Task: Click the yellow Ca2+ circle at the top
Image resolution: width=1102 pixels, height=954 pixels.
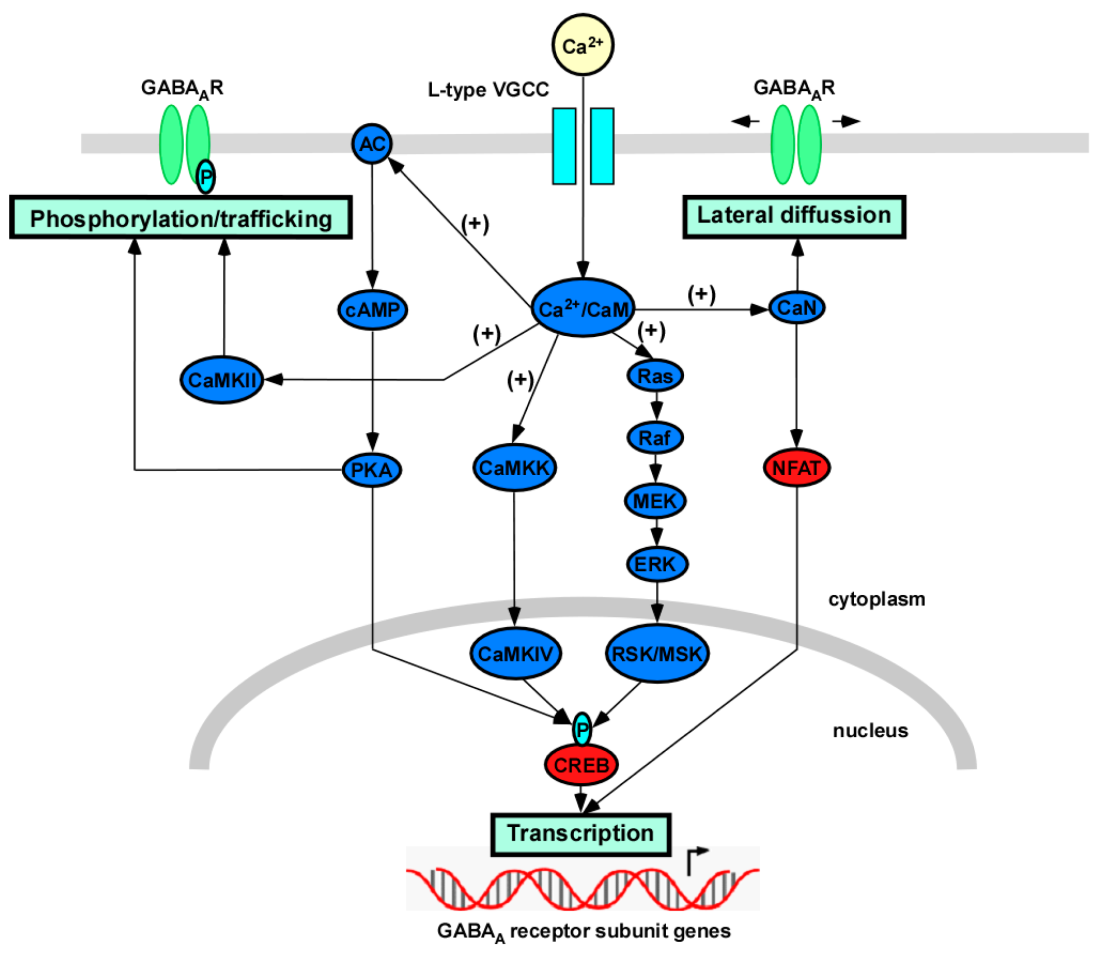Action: [582, 45]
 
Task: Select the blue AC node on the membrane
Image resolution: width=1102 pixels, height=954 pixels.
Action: [372, 144]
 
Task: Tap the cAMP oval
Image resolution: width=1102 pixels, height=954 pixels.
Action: [372, 310]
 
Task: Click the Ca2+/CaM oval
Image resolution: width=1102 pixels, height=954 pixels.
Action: [583, 308]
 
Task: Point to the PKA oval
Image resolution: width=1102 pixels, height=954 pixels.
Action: [371, 470]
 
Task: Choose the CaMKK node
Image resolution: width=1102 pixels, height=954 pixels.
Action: [514, 468]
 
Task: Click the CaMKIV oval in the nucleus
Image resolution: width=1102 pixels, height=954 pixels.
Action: [515, 654]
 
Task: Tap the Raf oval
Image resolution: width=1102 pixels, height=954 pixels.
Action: [655, 438]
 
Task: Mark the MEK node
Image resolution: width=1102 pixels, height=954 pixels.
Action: [655, 501]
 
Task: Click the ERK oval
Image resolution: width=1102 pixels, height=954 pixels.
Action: [656, 564]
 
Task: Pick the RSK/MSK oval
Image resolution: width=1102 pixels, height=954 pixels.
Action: [658, 654]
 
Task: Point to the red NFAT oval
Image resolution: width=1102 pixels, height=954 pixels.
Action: [797, 468]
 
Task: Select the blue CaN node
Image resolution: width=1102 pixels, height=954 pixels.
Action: [797, 308]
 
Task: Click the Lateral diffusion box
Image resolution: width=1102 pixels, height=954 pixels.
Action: [794, 216]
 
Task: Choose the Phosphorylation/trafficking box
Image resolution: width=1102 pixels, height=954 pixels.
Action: [181, 217]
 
